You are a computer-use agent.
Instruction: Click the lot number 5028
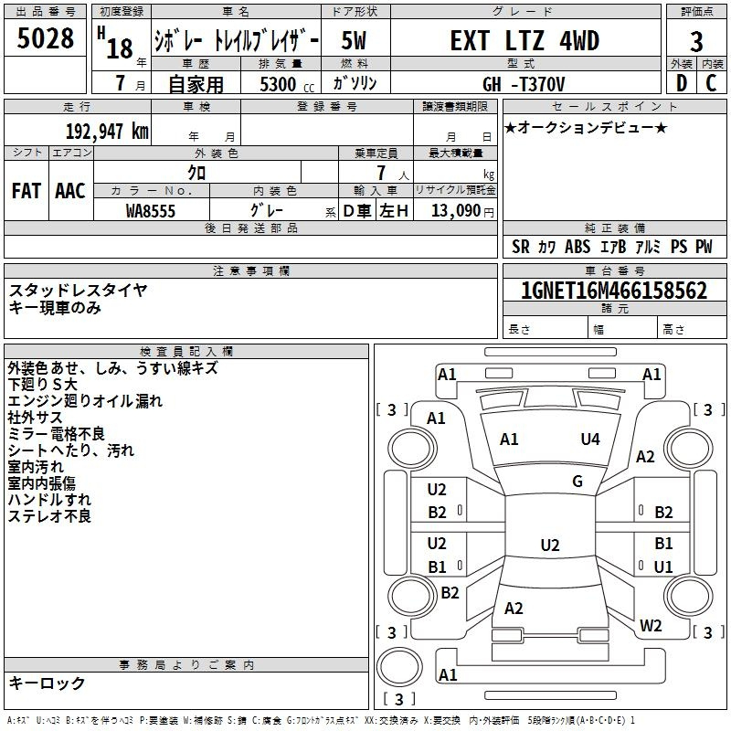[x=45, y=38]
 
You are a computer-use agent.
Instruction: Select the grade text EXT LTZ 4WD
[x=524, y=40]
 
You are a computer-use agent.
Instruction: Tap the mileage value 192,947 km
[x=107, y=132]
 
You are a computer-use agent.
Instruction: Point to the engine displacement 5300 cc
[x=287, y=84]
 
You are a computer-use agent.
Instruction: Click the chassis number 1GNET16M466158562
[x=614, y=291]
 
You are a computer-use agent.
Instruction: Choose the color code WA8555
[x=151, y=211]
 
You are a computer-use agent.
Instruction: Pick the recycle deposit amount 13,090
[x=456, y=211]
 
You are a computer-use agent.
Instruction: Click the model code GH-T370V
[x=524, y=84]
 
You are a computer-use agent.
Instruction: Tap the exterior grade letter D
[x=682, y=83]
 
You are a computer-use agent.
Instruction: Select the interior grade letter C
[x=711, y=83]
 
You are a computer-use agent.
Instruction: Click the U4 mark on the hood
[x=590, y=440]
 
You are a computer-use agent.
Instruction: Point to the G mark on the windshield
[x=577, y=482]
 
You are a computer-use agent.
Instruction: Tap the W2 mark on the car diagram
[x=651, y=625]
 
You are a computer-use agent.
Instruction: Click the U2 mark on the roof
[x=550, y=545]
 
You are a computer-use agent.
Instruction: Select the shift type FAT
[x=26, y=191]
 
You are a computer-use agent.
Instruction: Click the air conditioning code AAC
[x=70, y=191]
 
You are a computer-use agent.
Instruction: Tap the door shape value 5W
[x=354, y=40]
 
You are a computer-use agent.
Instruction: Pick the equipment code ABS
[x=577, y=247]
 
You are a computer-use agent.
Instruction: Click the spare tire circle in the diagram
[x=399, y=667]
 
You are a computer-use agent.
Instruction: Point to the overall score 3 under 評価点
[x=696, y=41]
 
